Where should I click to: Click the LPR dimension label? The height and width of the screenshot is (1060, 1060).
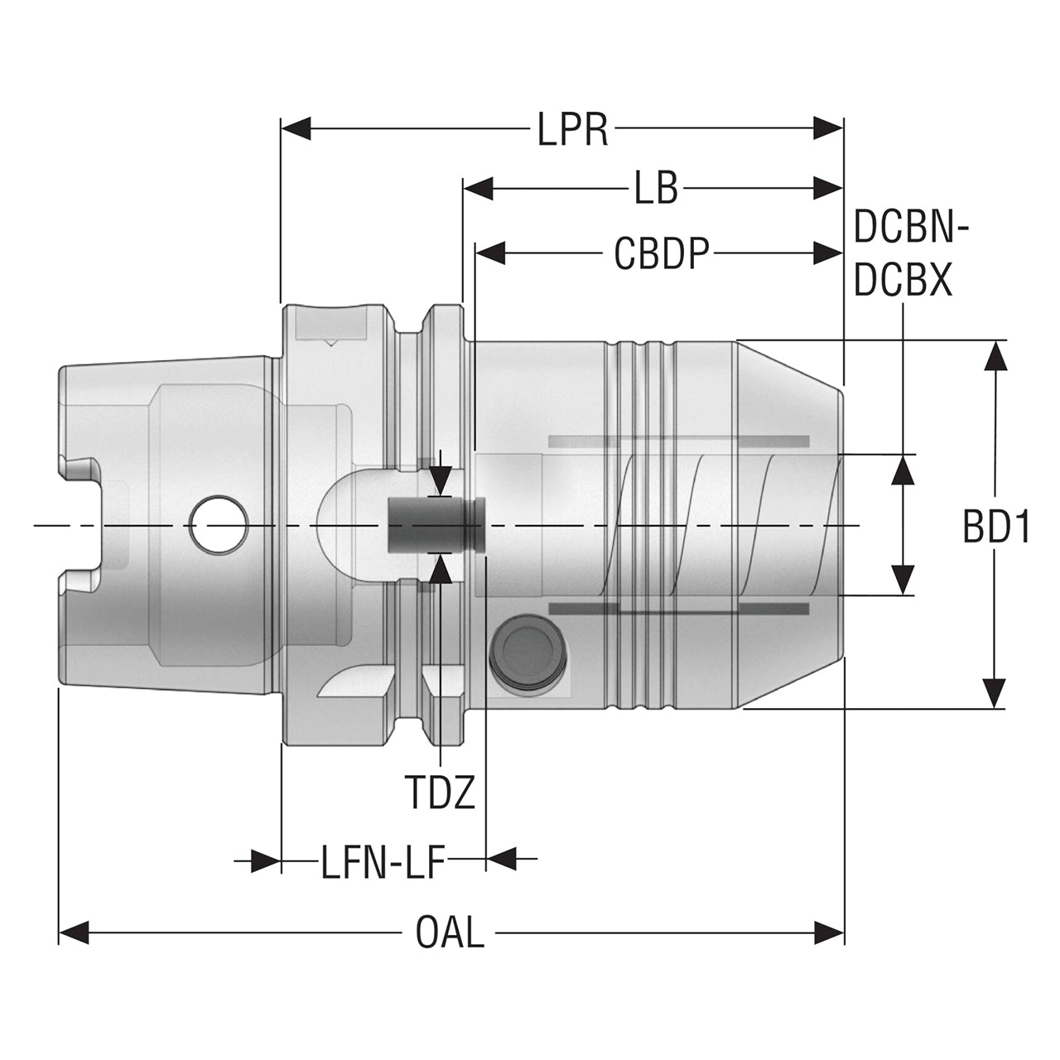pyautogui.click(x=572, y=129)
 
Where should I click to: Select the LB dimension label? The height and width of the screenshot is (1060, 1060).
pyautogui.click(x=656, y=189)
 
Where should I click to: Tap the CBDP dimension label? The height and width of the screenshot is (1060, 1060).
pyautogui.click(x=662, y=253)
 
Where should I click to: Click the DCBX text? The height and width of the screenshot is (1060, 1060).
pyautogui.click(x=903, y=280)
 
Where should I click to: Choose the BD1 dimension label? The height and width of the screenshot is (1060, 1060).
pyautogui.click(x=996, y=526)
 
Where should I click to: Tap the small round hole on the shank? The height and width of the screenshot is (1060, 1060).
pyautogui.click(x=219, y=525)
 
